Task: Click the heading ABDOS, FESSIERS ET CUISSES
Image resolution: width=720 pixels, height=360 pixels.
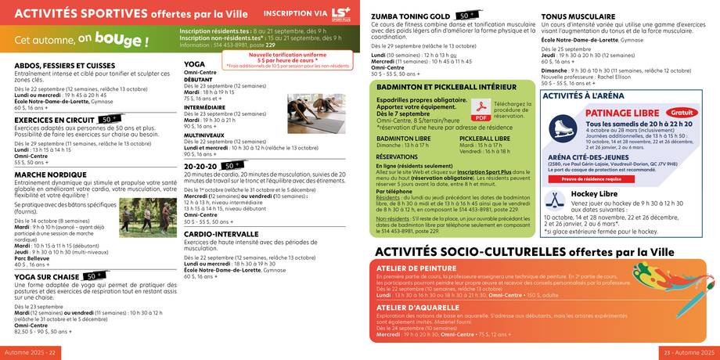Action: point(64,66)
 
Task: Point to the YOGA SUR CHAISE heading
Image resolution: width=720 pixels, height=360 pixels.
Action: point(46,276)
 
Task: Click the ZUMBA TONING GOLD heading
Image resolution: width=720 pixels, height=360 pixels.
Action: point(410,16)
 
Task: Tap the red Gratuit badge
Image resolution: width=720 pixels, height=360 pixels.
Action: point(683,112)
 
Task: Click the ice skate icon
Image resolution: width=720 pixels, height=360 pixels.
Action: point(561,128)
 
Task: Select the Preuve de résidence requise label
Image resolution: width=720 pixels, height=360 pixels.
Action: point(592,178)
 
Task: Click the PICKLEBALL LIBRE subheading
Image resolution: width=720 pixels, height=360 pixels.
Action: point(484,138)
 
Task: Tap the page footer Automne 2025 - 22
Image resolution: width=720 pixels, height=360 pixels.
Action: point(30,352)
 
